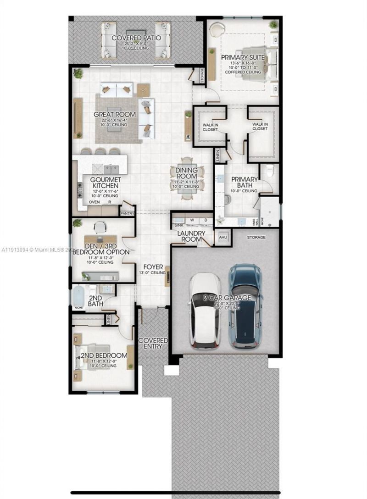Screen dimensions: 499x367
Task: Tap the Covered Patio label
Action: click(x=136, y=38)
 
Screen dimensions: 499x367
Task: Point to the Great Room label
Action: click(x=115, y=114)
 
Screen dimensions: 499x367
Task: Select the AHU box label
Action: click(x=223, y=237)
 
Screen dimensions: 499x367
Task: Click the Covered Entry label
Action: click(x=153, y=344)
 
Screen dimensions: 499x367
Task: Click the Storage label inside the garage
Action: click(x=256, y=237)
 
